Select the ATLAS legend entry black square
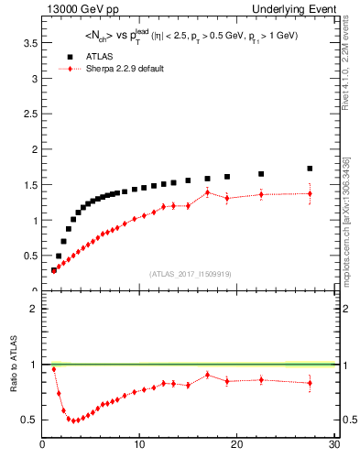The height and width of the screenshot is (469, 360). click(x=65, y=56)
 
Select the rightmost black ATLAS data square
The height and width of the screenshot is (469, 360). click(x=310, y=169)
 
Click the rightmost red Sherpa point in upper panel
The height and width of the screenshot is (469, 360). click(x=310, y=193)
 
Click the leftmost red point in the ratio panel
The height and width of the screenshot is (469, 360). click(x=54, y=369)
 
